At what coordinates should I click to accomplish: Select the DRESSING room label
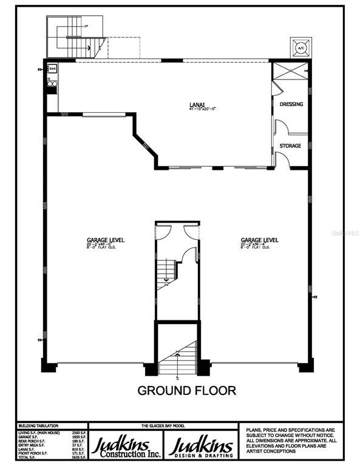click(x=291, y=104)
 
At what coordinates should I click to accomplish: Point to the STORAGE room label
click(x=290, y=146)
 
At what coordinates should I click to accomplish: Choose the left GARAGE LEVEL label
click(x=105, y=240)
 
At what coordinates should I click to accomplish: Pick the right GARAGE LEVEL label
click(x=259, y=240)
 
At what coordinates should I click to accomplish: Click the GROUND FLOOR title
click(x=186, y=390)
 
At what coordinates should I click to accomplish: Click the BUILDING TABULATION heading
click(x=35, y=427)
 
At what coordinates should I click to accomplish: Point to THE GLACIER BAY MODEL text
click(x=164, y=426)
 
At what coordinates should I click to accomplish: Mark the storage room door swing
click(x=282, y=159)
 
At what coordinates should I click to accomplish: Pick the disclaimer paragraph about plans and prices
click(x=289, y=441)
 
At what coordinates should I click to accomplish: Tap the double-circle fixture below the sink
click(x=52, y=83)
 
